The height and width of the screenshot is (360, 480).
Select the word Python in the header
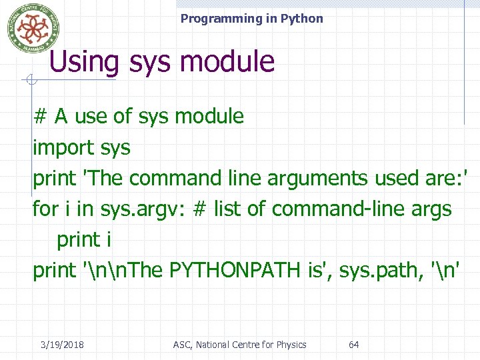[x=301, y=19]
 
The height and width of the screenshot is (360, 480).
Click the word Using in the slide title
[x=84, y=62]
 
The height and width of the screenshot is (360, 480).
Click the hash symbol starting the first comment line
[x=40, y=117]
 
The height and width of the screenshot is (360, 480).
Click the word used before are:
[x=396, y=179]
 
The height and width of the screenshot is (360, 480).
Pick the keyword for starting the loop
[x=45, y=209]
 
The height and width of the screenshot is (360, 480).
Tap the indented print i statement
[x=83, y=240]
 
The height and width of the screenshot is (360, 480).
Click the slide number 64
[x=354, y=345]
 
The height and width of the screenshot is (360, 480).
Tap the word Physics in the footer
[x=289, y=345]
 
